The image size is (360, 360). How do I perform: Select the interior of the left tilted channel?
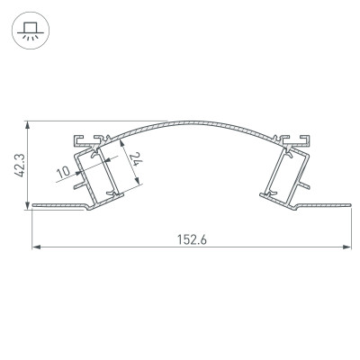[98, 171]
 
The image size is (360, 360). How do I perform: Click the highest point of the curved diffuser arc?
[191, 120]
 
